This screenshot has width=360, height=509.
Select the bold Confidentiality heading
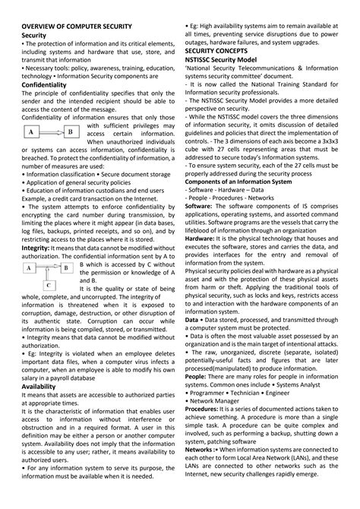coord(47,85)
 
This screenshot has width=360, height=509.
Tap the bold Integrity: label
coord(36,248)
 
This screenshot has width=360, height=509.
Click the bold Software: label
coord(199,206)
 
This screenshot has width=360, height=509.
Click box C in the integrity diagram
coord(48,286)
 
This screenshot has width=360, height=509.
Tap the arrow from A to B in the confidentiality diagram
coord(50,132)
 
